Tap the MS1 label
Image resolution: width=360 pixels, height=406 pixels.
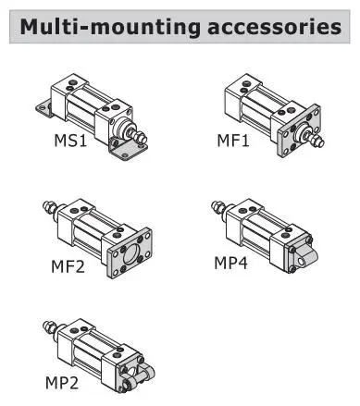click(68, 143)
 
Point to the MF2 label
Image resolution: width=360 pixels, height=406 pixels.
click(68, 268)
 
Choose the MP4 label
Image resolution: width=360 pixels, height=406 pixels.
click(232, 264)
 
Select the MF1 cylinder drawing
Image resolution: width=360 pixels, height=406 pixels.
click(267, 110)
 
